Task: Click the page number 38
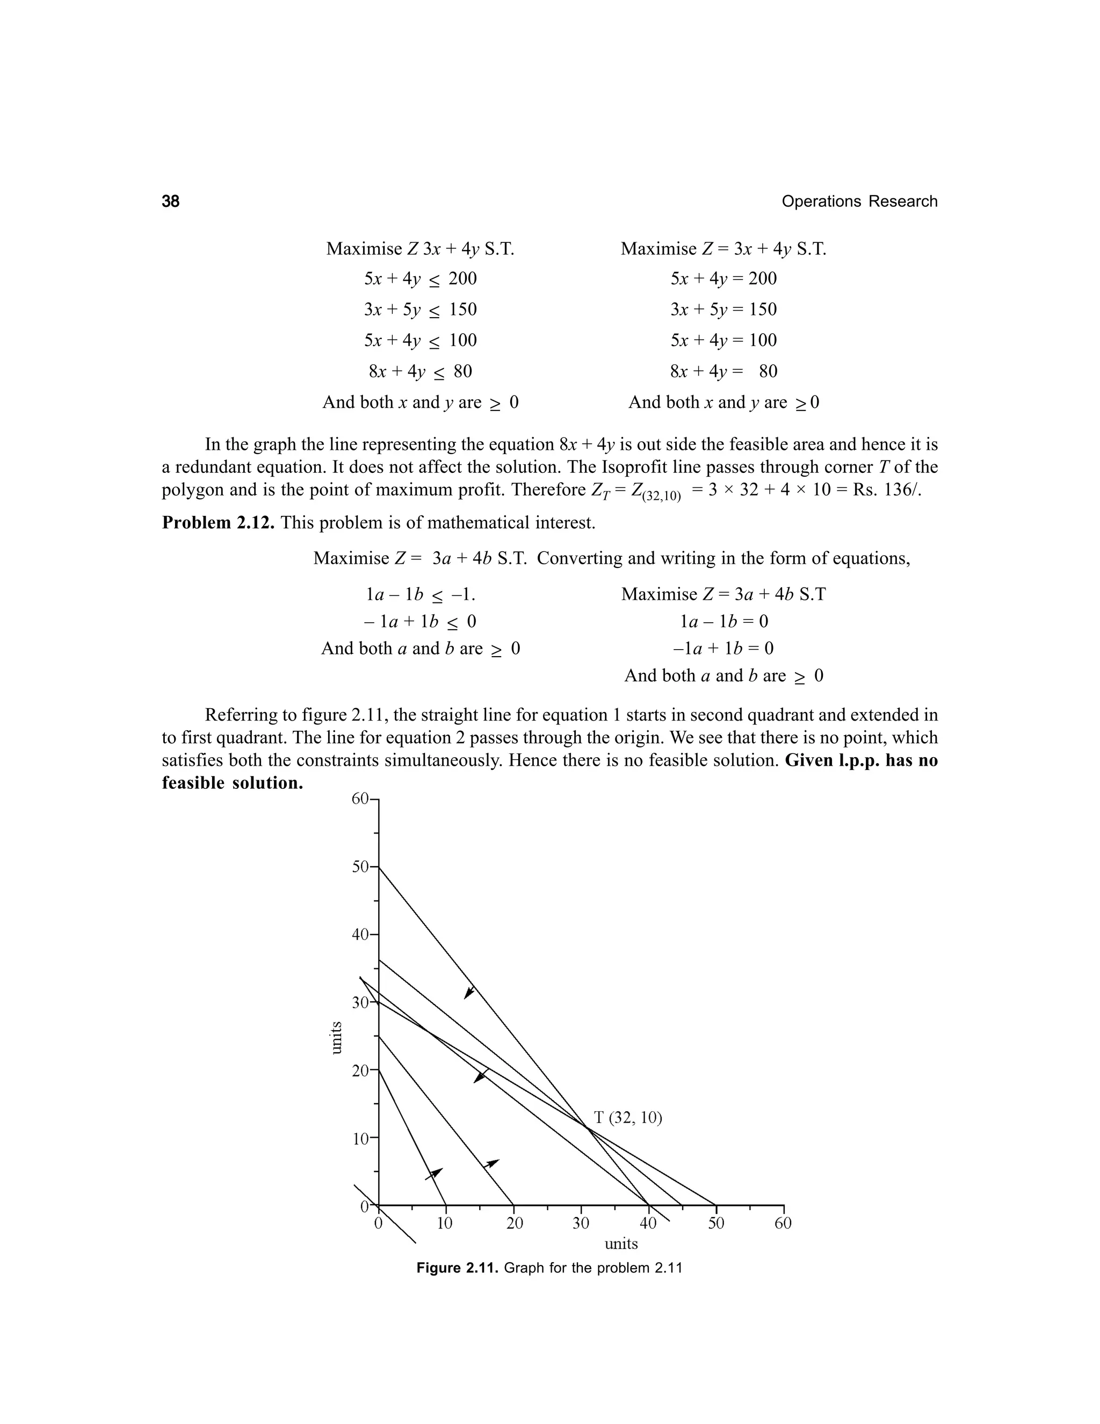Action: [171, 202]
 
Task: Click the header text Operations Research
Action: [859, 202]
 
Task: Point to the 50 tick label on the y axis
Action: [360, 867]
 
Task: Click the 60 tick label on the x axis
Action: [783, 1223]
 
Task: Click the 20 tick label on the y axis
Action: [360, 1070]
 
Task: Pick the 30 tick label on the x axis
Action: [581, 1223]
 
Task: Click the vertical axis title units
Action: [336, 1037]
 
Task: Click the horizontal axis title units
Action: [621, 1243]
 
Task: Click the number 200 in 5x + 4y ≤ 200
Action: [462, 279]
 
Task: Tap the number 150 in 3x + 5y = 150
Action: [763, 309]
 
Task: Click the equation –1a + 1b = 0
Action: [723, 648]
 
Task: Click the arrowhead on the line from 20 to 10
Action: [434, 1173]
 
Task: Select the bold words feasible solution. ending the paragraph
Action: [233, 783]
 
